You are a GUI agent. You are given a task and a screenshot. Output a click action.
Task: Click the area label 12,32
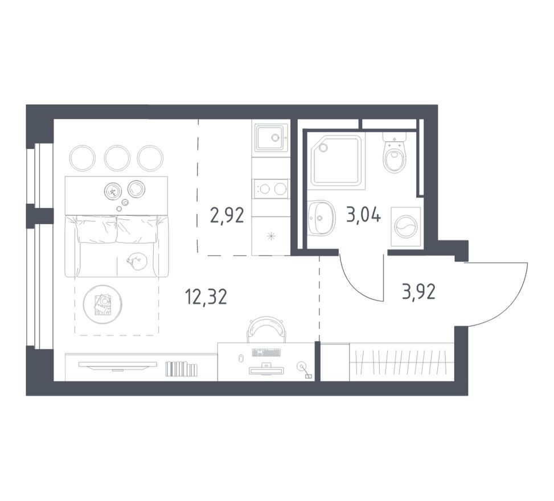[206, 296]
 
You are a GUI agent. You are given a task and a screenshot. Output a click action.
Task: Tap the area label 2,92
[227, 216]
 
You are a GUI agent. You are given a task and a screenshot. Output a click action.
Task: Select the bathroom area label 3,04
[363, 216]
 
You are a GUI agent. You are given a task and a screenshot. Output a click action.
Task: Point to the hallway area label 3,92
[418, 291]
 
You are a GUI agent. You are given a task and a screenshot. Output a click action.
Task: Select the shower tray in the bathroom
[337, 162]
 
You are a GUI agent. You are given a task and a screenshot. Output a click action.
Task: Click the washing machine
[405, 226]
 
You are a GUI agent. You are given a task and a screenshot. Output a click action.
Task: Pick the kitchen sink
[271, 137]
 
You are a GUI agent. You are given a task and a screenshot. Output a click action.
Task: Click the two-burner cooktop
[271, 188]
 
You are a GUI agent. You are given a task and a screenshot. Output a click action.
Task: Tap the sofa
[117, 245]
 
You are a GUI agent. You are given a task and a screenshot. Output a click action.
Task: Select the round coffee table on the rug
[102, 304]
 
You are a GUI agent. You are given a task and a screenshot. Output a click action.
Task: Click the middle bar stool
[117, 157]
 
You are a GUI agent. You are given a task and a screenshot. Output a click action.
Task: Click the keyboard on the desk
[266, 352]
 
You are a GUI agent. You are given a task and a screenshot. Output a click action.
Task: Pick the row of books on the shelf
[181, 369]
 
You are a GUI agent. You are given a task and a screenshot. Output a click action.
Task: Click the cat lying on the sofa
[137, 261]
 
